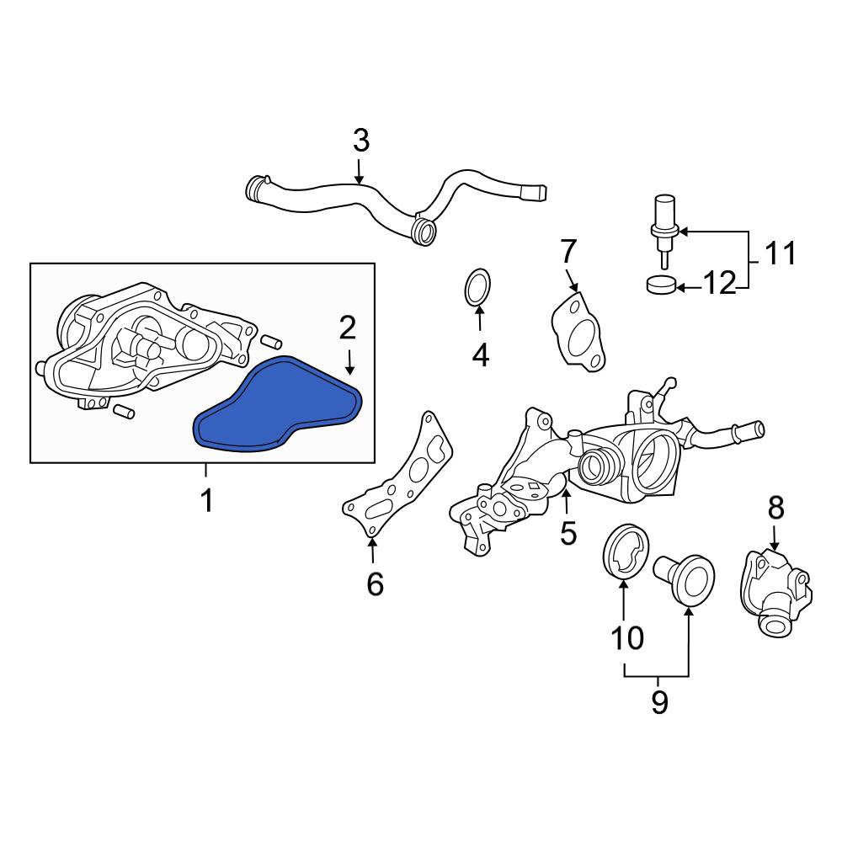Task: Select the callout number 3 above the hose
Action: [361, 141]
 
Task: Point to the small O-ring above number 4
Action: [477, 288]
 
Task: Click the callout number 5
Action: [568, 533]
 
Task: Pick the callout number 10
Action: [627, 638]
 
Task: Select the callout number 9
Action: [659, 701]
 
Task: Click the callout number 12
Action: [719, 283]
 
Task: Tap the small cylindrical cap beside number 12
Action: [660, 284]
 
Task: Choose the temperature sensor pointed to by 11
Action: [664, 229]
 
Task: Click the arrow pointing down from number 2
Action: [349, 362]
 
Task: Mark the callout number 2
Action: [348, 328]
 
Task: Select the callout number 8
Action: [776, 508]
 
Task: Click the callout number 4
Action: [481, 355]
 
